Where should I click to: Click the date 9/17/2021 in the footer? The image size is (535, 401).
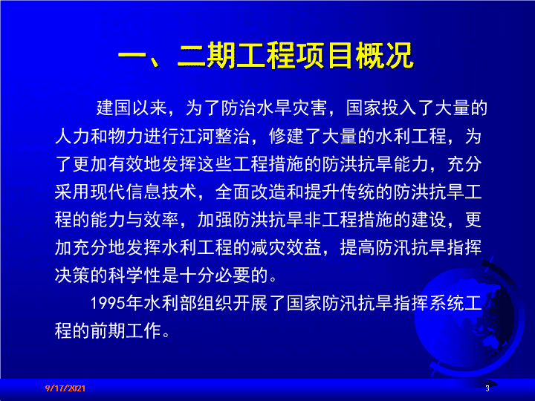click(x=65, y=388)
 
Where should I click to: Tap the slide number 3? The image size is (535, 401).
click(x=487, y=388)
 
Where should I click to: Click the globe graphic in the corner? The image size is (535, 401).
click(x=469, y=317)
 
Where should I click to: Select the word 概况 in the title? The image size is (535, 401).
click(x=384, y=56)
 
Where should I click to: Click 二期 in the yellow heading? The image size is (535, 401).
click(x=207, y=56)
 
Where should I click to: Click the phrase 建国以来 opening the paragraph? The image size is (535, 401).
click(x=132, y=108)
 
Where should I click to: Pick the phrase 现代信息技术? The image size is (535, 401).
click(x=143, y=192)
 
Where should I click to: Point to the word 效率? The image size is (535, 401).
click(x=161, y=220)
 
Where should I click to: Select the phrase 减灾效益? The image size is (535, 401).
click(x=286, y=247)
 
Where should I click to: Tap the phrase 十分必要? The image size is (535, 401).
click(x=215, y=276)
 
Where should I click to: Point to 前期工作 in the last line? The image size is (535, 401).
click(x=126, y=330)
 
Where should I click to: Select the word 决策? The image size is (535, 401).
click(x=72, y=276)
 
